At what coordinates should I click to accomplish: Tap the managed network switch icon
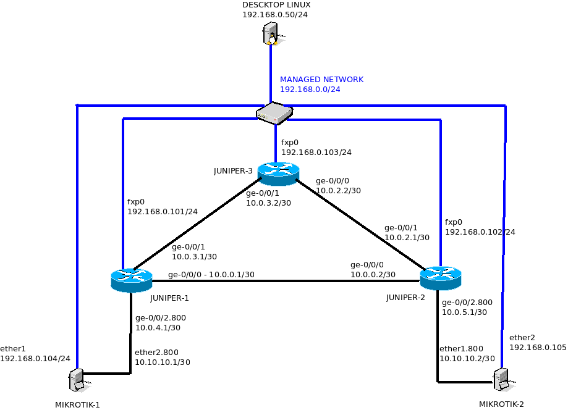tap(274, 112)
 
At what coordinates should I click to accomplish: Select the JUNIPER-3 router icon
tap(278, 174)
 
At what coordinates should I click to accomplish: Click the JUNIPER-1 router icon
tap(132, 280)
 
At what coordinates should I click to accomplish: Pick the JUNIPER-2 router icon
tap(441, 278)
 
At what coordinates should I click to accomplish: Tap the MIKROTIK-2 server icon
tap(502, 378)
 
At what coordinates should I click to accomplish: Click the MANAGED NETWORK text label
tap(321, 80)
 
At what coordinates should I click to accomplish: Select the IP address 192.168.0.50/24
tap(274, 14)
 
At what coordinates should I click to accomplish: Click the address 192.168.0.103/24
tap(316, 152)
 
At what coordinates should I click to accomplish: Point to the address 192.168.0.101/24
tap(163, 212)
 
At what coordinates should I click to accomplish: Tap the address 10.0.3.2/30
tap(268, 203)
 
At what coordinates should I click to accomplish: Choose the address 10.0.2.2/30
tap(338, 191)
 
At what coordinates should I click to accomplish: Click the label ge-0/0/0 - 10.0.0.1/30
tap(211, 275)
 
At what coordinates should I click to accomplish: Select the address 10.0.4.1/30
tap(158, 328)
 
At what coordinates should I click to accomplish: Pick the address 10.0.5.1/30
tap(465, 312)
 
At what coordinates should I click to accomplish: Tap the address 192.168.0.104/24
tap(35, 358)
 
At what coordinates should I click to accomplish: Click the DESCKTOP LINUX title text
tap(276, 4)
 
